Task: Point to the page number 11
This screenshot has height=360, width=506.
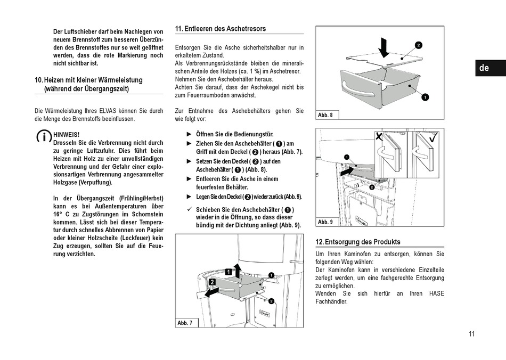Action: pyautogui.click(x=471, y=334)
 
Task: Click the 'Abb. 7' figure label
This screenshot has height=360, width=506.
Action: pyautogui.click(x=185, y=323)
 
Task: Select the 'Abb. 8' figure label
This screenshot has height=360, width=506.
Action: pyautogui.click(x=325, y=115)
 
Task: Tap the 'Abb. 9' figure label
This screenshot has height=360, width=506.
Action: pyautogui.click(x=325, y=222)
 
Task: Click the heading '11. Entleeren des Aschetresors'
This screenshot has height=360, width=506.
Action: pyautogui.click(x=220, y=29)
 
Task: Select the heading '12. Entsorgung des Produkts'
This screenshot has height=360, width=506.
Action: pyautogui.click(x=357, y=242)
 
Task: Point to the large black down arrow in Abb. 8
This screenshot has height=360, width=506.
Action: pyautogui.click(x=383, y=47)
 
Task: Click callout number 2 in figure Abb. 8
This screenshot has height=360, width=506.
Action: pyautogui.click(x=418, y=45)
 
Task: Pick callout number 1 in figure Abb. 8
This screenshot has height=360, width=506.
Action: pyautogui.click(x=425, y=97)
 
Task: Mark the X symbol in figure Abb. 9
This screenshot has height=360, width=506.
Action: pyautogui.click(x=379, y=137)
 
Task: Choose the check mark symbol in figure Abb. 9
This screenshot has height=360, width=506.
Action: pyautogui.click(x=433, y=137)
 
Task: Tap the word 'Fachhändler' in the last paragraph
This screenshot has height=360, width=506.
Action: pyautogui.click(x=331, y=301)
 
